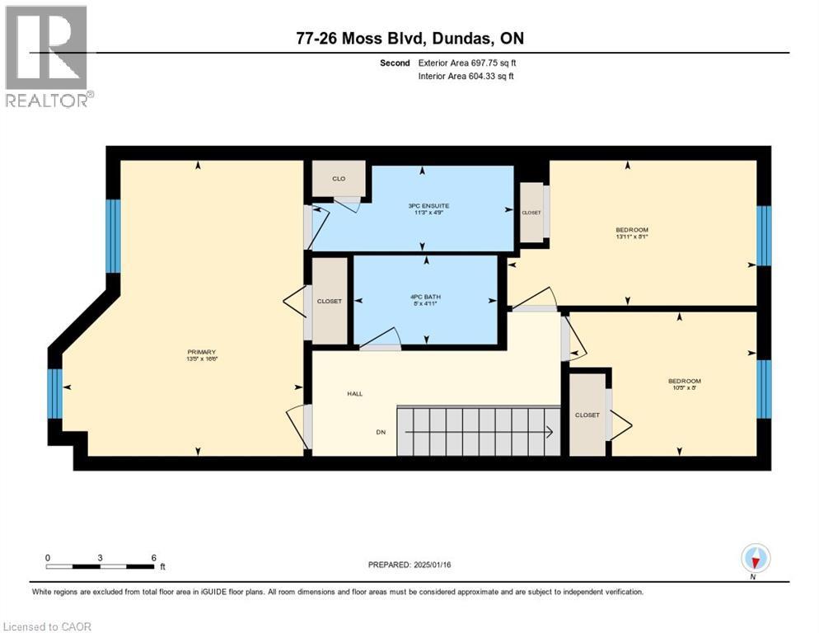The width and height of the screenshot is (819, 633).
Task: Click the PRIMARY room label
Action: point(201,352)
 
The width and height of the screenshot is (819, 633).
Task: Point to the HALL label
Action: point(354,394)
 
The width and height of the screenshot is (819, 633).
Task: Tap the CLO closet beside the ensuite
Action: point(339,178)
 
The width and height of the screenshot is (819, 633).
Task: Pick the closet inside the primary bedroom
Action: point(329,302)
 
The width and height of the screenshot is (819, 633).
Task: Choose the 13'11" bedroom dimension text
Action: point(632,237)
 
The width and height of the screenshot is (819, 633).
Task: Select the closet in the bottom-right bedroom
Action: point(587,415)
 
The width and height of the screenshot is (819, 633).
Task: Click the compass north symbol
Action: point(755,560)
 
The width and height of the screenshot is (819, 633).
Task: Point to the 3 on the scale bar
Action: point(100,557)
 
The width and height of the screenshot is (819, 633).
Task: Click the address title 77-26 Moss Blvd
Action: point(409,38)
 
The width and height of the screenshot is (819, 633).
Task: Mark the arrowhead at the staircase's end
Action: point(548,430)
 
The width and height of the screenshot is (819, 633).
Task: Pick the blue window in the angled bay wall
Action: point(54,393)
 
